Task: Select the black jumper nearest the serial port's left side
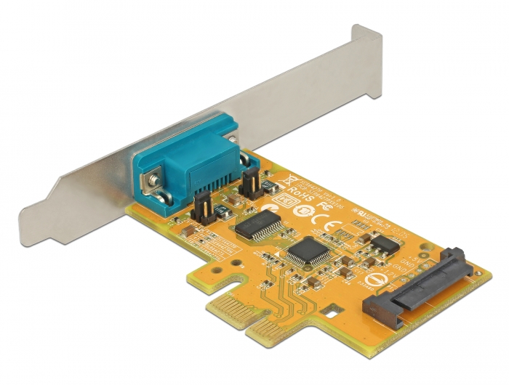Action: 204,209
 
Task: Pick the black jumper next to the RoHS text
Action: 249,187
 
